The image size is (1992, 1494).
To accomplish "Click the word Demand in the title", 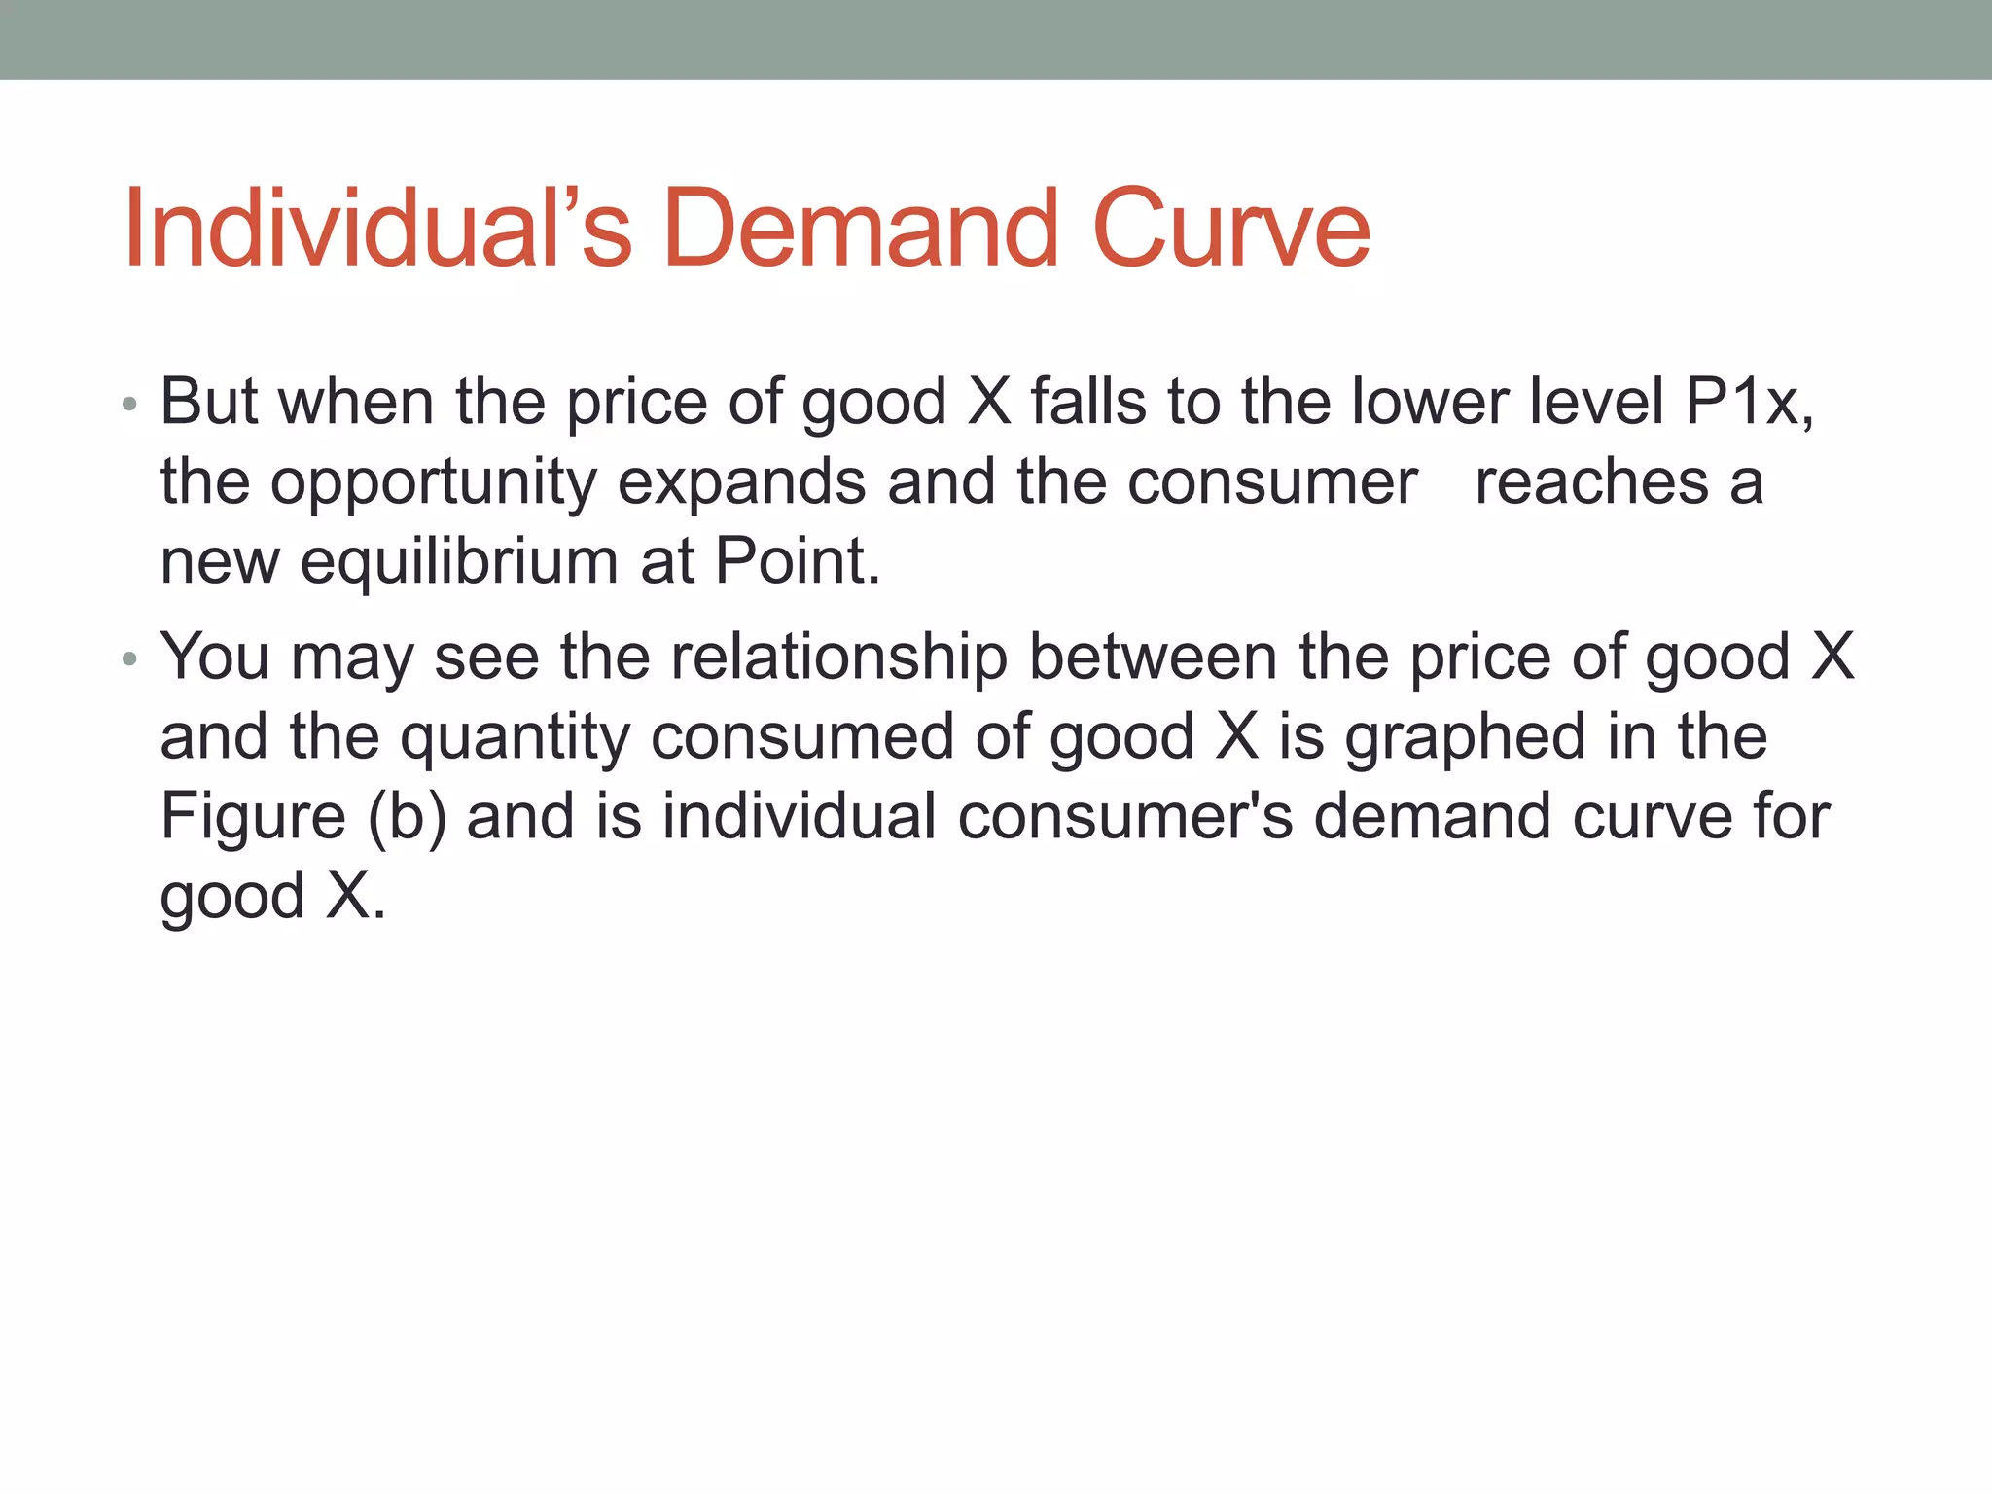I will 860,230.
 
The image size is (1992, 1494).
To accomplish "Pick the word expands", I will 741,481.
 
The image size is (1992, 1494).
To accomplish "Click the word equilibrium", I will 459,561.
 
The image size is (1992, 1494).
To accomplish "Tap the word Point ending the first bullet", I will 797,561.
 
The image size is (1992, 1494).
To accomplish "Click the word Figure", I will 253,816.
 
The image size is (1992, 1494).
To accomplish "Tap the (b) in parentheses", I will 407,817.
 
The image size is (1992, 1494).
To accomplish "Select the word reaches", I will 1590,481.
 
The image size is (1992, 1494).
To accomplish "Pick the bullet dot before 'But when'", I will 130,404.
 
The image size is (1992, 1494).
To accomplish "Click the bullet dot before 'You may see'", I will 130,660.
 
